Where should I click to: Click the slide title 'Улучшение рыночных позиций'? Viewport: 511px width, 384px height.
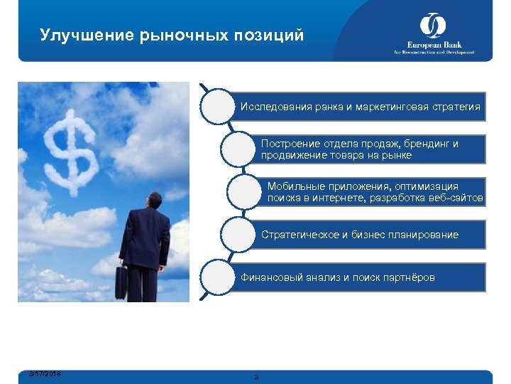click(x=172, y=35)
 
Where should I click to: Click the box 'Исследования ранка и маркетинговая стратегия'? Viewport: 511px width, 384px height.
click(x=360, y=107)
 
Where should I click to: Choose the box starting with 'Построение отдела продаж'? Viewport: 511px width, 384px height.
click(x=369, y=149)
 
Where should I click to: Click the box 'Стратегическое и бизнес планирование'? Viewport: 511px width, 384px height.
click(x=369, y=235)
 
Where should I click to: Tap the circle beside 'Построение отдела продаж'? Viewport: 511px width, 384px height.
click(x=238, y=149)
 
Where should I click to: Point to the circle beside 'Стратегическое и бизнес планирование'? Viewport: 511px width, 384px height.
click(x=238, y=235)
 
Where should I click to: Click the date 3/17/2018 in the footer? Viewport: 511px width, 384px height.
click(x=45, y=373)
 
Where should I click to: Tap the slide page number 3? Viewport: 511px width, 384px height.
click(x=256, y=377)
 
